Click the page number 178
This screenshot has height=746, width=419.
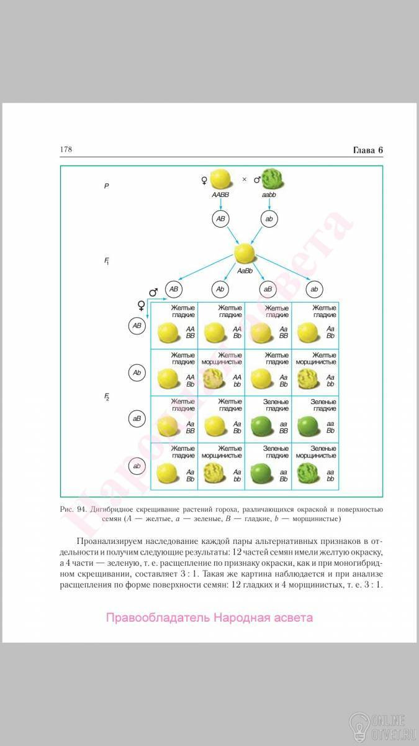coord(66,150)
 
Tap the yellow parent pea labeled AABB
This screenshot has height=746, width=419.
coord(222,179)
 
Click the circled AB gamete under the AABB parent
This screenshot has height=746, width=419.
coord(221,219)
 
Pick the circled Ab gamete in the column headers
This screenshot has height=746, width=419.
coord(220,289)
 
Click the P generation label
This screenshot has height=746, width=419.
coord(107,186)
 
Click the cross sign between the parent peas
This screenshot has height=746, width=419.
coord(244,180)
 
